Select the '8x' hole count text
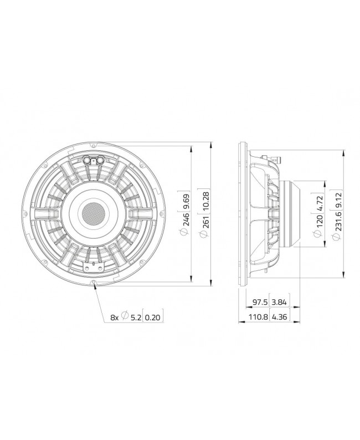pos(115,318)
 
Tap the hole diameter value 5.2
pos(135,318)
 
